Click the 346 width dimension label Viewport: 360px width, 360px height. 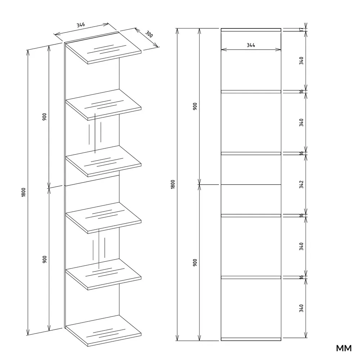[x=81, y=24]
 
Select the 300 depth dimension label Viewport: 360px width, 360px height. [x=149, y=34]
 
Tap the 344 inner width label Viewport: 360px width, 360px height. [x=251, y=45]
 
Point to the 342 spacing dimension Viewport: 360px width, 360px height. [x=301, y=184]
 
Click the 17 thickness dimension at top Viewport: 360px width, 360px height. [x=302, y=30]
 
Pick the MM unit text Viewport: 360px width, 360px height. [x=344, y=348]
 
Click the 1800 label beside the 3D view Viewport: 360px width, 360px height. [x=23, y=192]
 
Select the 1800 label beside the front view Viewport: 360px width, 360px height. [x=173, y=184]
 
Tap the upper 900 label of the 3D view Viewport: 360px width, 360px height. [x=45, y=117]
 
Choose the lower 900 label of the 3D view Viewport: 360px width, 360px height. [x=45, y=259]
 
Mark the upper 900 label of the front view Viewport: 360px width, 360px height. [x=195, y=106]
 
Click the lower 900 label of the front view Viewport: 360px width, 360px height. [x=195, y=262]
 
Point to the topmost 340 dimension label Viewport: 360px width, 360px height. [x=301, y=60]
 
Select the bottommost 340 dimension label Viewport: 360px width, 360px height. [x=301, y=308]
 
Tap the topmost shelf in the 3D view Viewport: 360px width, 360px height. [x=103, y=48]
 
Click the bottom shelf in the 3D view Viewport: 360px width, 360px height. [x=103, y=330]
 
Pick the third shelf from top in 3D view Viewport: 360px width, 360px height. [x=103, y=161]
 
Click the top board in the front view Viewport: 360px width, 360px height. [x=251, y=30]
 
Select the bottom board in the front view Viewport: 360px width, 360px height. [x=251, y=339]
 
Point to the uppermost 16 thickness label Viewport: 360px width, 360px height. [x=302, y=91]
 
